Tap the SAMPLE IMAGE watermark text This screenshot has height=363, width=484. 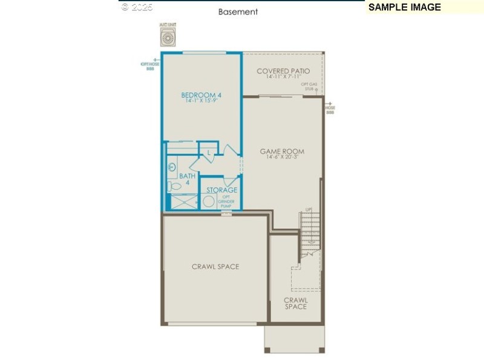coord(405,7)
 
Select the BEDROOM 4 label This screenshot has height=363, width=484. coord(201,95)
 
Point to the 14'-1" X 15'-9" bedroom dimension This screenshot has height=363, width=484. coord(201,102)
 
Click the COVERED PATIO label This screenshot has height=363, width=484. coord(283,71)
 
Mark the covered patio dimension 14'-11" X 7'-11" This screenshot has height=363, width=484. coord(283,77)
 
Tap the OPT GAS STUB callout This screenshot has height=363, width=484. coord(310,86)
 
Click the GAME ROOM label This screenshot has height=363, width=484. coord(282,151)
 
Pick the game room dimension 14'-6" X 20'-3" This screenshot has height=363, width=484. coord(282,158)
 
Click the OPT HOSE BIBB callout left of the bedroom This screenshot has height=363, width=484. coord(150,65)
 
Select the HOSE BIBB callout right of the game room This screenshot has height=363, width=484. coord(330,110)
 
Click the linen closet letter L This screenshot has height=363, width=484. coord(209,153)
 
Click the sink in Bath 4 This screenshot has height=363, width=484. coord(172,166)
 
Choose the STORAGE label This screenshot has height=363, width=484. coord(221,190)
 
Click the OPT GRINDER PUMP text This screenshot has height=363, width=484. coord(226,201)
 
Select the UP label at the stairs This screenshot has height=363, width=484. coord(309,209)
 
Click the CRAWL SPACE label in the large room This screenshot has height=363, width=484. coord(215,267)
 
